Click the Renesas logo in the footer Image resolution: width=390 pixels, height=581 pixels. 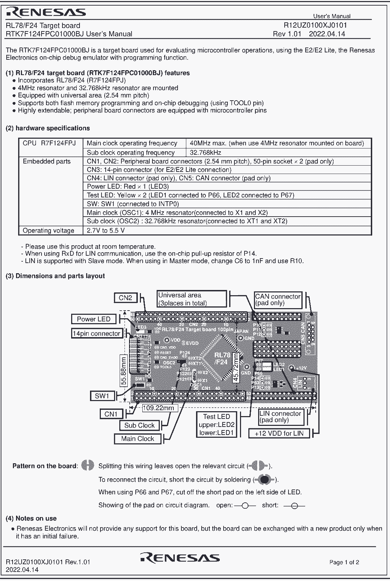(180, 558)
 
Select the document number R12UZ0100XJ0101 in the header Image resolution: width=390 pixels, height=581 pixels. (315, 25)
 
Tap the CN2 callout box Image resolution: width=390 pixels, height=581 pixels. (125, 298)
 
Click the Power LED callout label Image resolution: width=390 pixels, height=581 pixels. (93, 319)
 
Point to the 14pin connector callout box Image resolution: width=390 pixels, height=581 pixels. (96, 334)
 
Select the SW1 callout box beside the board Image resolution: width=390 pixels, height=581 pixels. (102, 396)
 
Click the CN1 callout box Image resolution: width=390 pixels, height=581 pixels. (111, 414)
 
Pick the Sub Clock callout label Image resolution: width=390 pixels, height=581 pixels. (139, 425)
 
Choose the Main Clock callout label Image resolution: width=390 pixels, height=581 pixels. (137, 439)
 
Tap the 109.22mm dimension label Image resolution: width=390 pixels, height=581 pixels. (158, 408)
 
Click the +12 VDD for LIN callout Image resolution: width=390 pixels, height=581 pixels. (279, 434)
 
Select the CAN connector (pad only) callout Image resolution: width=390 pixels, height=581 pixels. (278, 300)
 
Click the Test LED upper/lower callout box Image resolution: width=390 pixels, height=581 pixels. (217, 424)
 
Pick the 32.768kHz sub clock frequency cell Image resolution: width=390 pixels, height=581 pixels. (205, 153)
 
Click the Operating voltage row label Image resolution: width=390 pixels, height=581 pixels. (48, 231)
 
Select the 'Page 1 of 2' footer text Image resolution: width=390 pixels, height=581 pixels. (344, 562)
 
